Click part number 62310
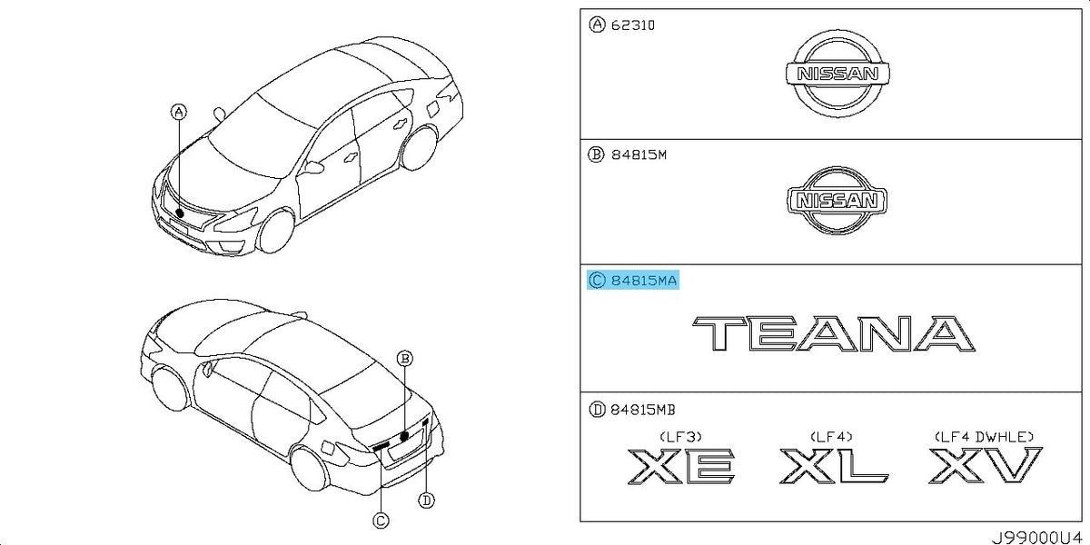click(632, 25)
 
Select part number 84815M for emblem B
click(639, 154)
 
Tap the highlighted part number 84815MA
click(643, 281)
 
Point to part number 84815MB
click(643, 410)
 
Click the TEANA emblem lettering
click(834, 333)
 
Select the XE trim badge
click(681, 466)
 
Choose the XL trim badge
click(834, 466)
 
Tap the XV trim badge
click(986, 465)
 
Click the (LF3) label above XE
click(680, 437)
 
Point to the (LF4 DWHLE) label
click(984, 437)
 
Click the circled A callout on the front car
click(179, 113)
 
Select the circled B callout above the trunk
click(404, 359)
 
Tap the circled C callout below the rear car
click(381, 520)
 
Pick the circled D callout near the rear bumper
click(426, 500)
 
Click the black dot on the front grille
click(180, 213)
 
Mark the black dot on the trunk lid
click(404, 436)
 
